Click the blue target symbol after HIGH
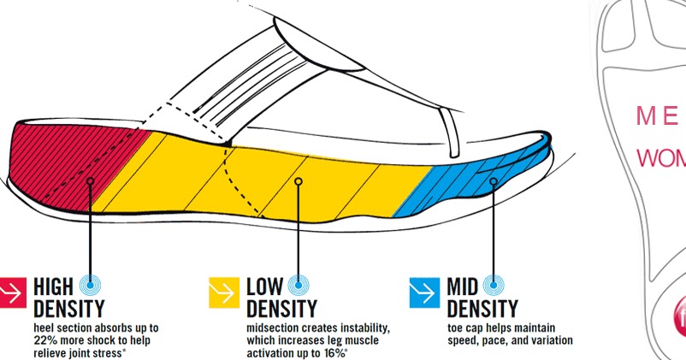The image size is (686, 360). click(x=91, y=286)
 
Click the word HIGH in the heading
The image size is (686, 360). click(x=53, y=286)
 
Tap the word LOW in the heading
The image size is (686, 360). click(x=266, y=286)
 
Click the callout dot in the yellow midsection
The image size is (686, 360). click(x=298, y=180)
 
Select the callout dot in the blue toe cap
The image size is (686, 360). click(x=494, y=180)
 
